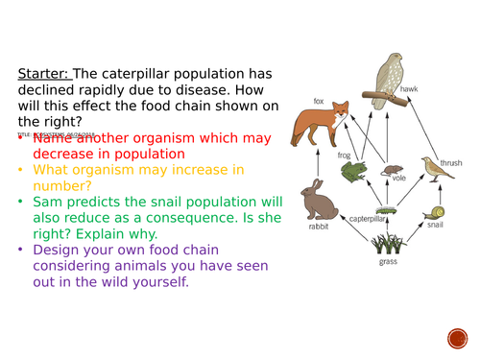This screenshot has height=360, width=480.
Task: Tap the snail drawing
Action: coord(437,213)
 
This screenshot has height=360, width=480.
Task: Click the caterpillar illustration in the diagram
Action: coord(385,208)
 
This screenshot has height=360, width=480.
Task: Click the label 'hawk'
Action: coord(410,89)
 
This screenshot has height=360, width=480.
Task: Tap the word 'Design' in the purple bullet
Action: coord(57,251)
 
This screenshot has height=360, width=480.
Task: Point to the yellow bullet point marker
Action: coord(21,171)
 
